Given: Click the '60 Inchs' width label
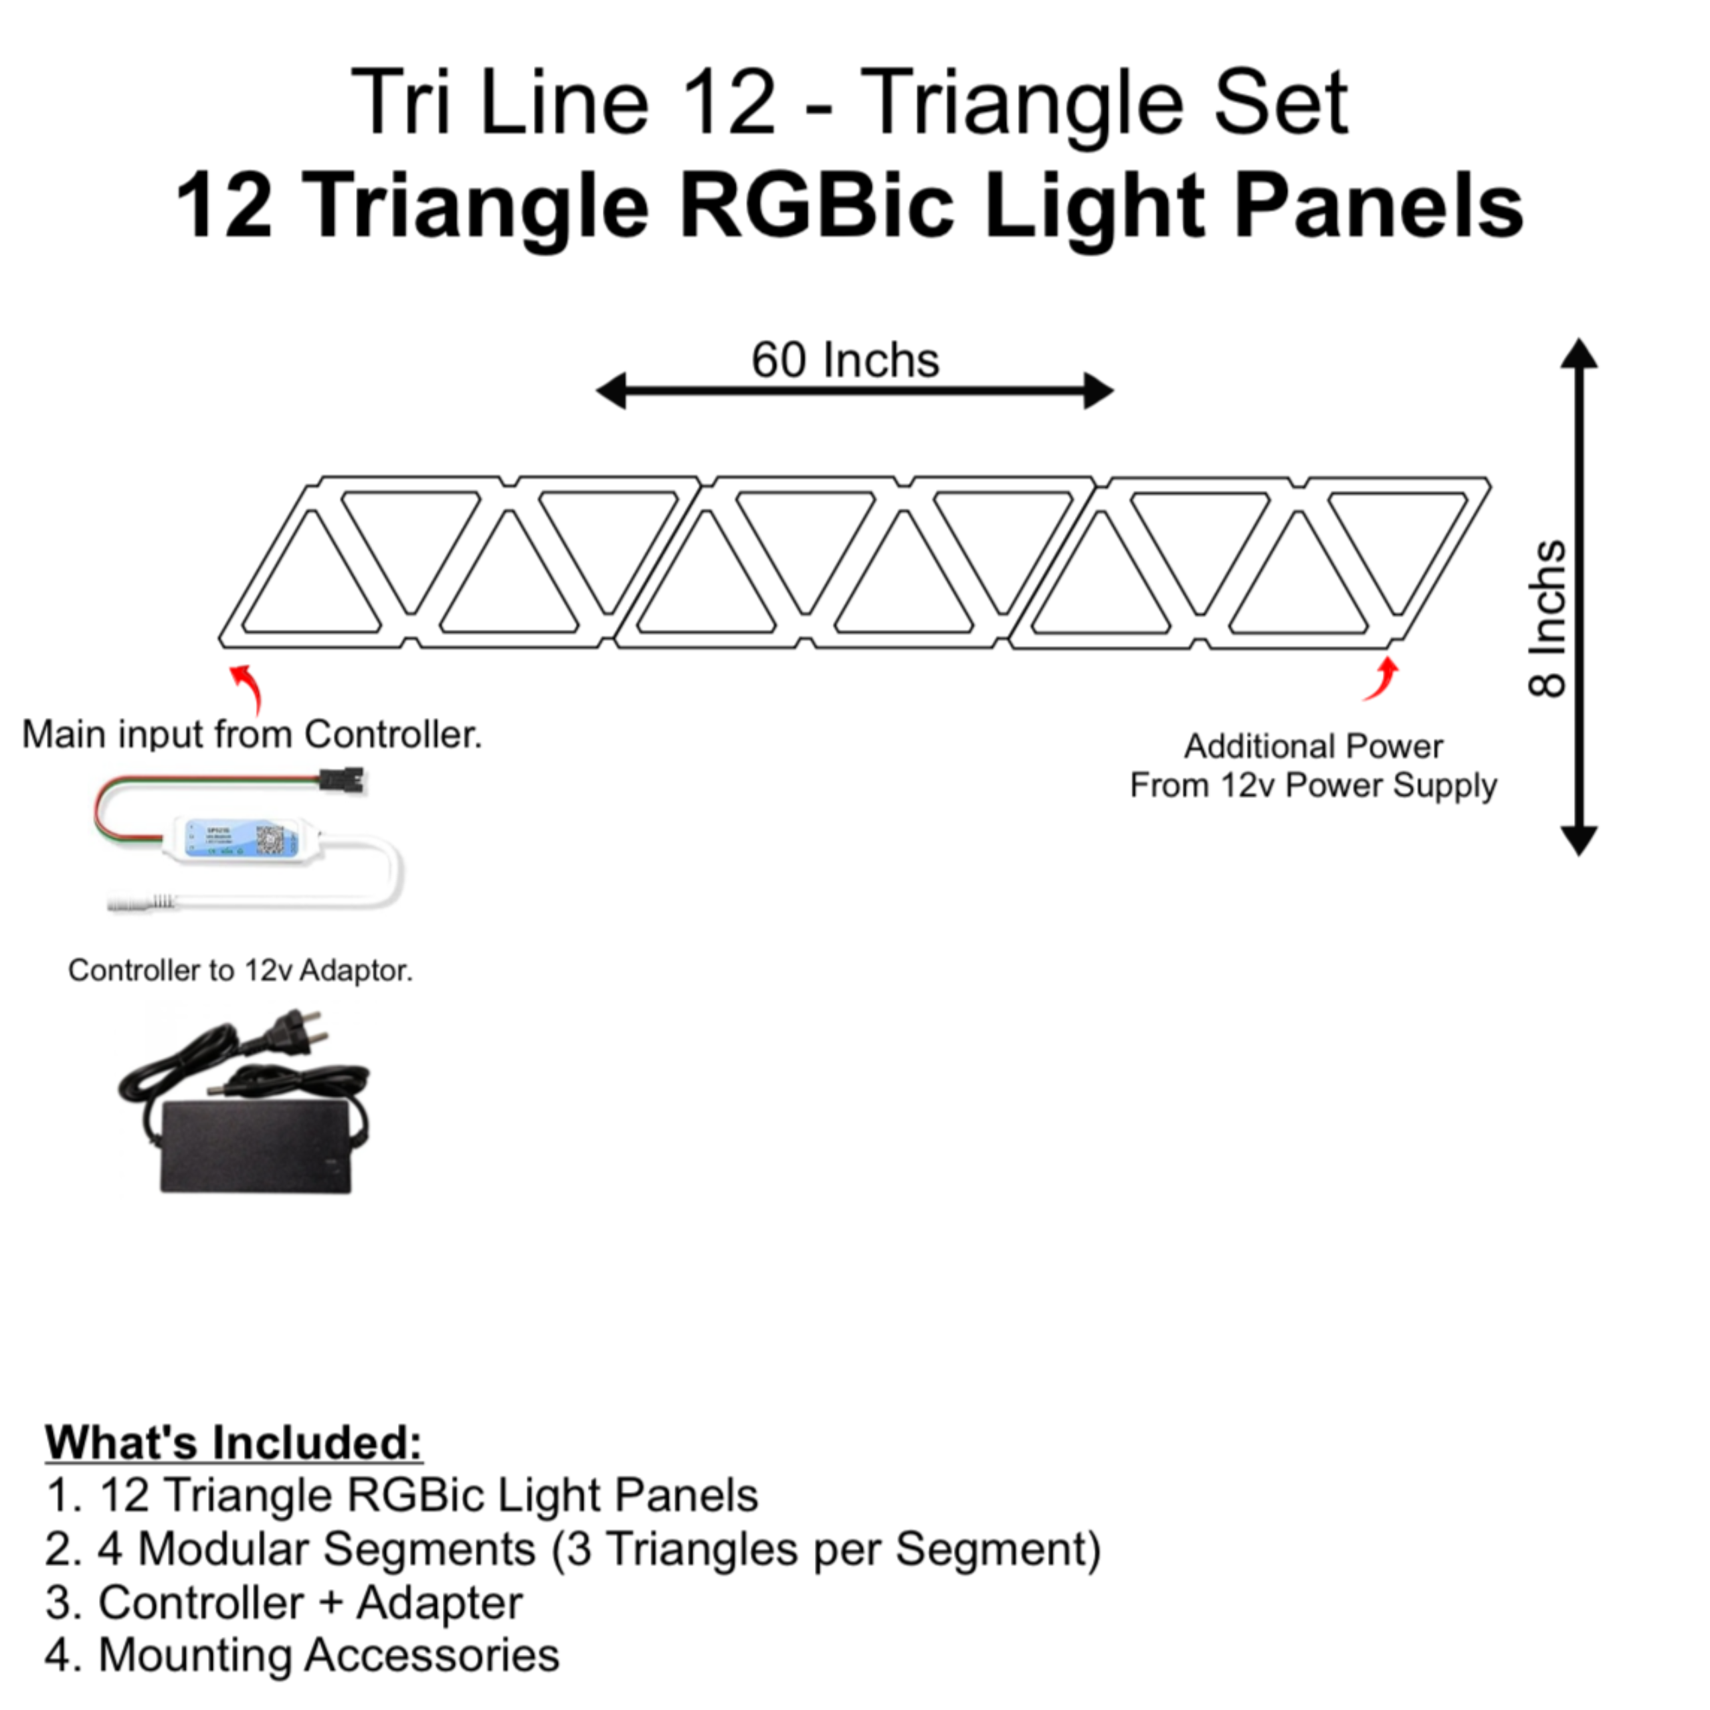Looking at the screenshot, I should (845, 360).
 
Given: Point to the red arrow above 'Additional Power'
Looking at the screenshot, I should (1382, 679).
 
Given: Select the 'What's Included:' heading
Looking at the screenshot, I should (233, 1442).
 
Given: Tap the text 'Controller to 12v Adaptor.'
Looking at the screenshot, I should (241, 971).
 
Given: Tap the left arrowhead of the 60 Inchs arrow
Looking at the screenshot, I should (611, 390).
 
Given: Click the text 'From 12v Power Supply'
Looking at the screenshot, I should (1313, 785).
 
